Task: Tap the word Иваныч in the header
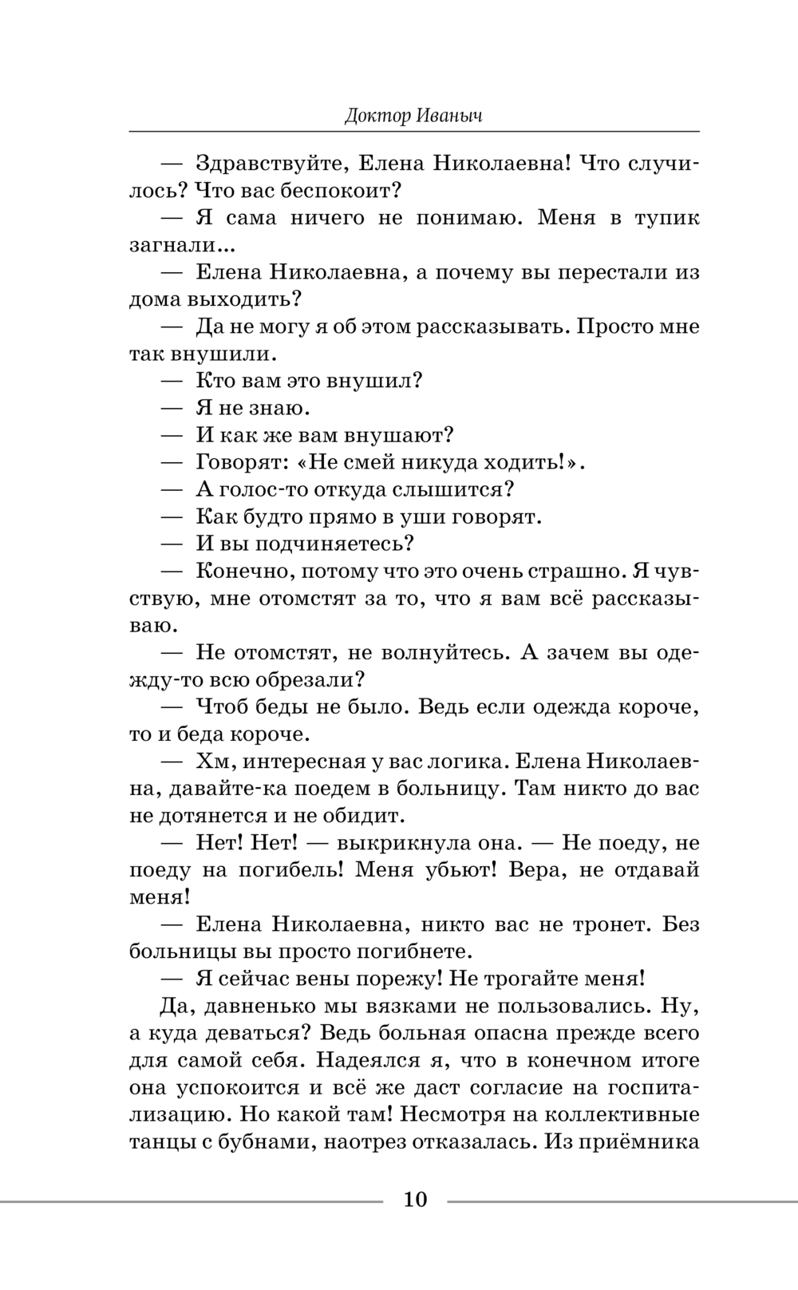pyautogui.click(x=449, y=117)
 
